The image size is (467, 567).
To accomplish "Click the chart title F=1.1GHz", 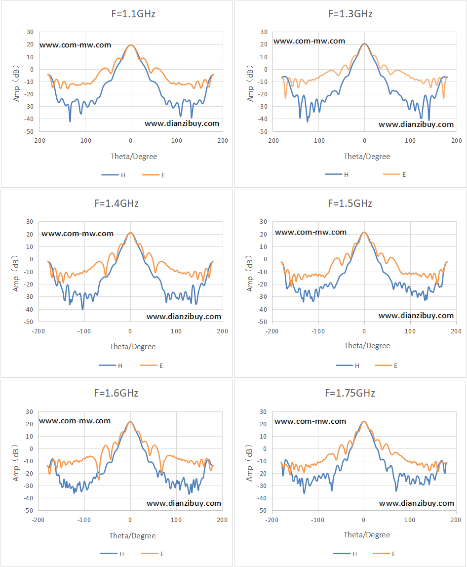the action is point(133,14).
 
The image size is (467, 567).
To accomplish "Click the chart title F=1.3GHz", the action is point(350,14).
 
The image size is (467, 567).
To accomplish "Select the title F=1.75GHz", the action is point(350,393).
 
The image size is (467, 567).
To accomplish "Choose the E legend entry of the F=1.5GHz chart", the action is point(387,365).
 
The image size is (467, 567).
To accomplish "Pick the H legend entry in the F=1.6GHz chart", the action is point(112,554).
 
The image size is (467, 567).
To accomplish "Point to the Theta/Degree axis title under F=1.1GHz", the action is point(134,157).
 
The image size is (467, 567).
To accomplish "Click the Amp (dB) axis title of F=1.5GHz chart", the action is point(249,274).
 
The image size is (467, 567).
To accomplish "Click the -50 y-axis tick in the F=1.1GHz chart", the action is point(30,131).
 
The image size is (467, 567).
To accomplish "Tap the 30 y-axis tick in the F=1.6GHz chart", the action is point(30,412).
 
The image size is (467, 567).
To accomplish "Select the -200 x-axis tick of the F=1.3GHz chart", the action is point(272,141).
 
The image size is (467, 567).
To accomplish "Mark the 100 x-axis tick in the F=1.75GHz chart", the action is point(410,520).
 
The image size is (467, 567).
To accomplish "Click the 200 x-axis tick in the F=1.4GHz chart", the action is point(223,331).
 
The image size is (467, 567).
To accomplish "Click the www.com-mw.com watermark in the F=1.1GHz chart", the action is point(76,45).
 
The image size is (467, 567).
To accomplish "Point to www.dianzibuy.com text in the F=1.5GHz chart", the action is point(416,316).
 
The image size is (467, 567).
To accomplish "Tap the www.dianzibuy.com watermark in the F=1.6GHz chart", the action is point(184,503).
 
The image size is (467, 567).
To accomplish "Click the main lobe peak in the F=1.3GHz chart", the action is point(364,44).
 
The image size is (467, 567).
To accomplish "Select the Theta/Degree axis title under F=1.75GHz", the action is point(367,535).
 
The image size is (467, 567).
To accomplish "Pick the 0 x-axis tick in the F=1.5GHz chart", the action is point(364,331).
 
